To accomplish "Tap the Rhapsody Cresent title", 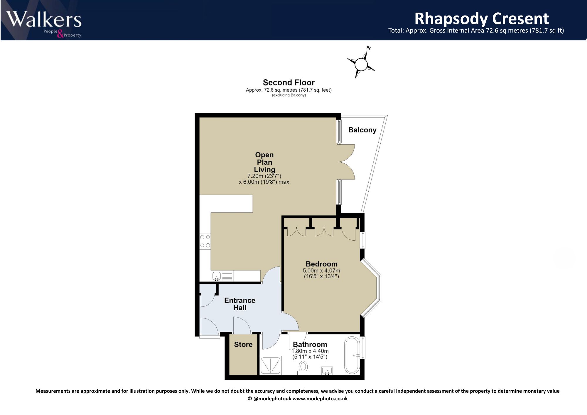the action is coord(481,18).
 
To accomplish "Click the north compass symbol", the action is coord(361,63).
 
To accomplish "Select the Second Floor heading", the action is coord(289,82).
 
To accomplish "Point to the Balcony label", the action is coord(362,130).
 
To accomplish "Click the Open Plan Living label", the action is coord(264,162).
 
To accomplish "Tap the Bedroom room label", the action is coord(322,264).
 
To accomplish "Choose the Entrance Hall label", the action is coord(240,304).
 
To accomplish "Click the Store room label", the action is coord(243,345).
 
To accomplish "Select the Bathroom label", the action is coord(310,344).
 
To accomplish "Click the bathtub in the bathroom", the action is coord(352,355).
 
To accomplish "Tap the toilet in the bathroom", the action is coord(303,368).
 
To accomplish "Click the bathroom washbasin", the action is coord(327,370).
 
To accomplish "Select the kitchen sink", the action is coord(222,276).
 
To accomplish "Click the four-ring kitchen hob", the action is coord(205,241).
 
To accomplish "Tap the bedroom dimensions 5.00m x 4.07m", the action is coord(321,271).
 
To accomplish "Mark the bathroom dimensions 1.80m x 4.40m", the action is coord(310,351).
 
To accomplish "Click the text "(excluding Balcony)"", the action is coord(289,95).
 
